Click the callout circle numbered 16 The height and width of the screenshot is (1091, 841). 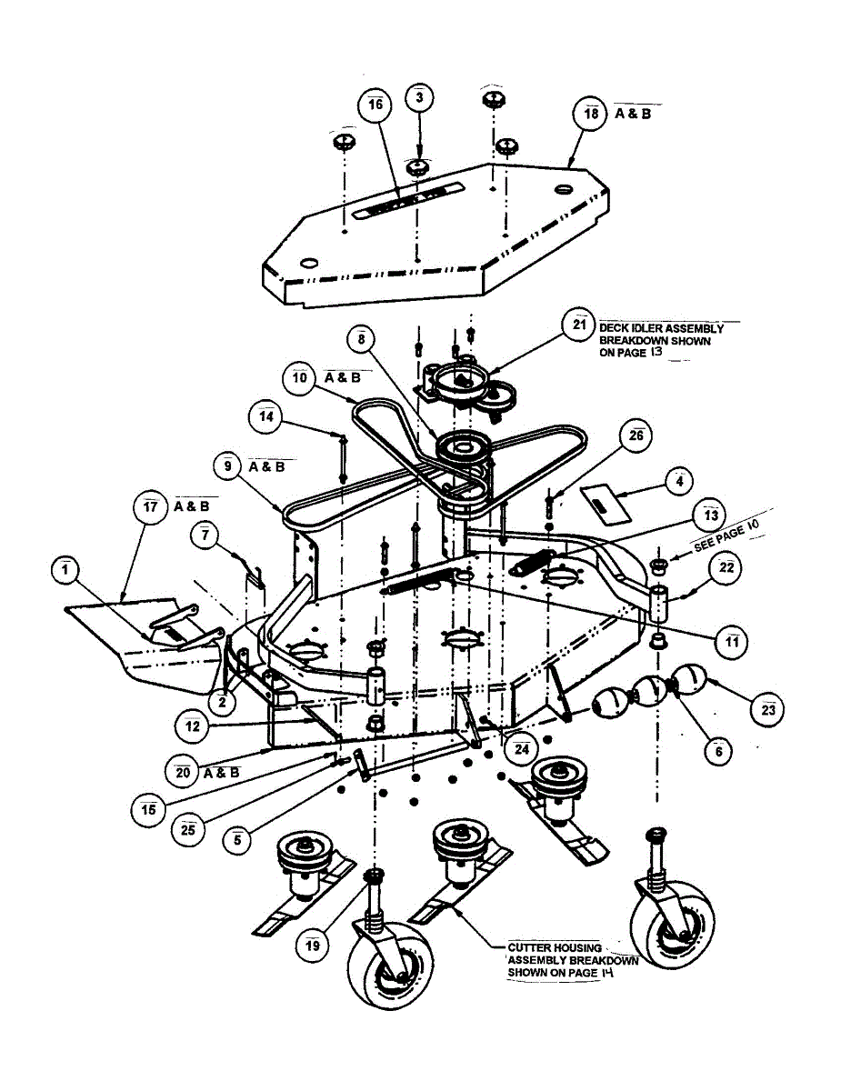click(x=375, y=106)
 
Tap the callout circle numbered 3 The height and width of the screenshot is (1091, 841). click(x=418, y=100)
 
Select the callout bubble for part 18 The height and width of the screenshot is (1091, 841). click(x=591, y=115)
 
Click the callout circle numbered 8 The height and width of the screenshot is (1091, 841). click(x=361, y=339)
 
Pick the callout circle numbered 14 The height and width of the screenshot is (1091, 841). click(x=266, y=416)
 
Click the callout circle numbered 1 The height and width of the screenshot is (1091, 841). click(x=65, y=570)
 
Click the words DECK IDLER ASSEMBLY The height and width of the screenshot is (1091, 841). click(x=661, y=329)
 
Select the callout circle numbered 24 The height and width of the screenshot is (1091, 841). click(x=521, y=750)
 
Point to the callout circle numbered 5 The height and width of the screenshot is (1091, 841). click(x=237, y=840)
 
